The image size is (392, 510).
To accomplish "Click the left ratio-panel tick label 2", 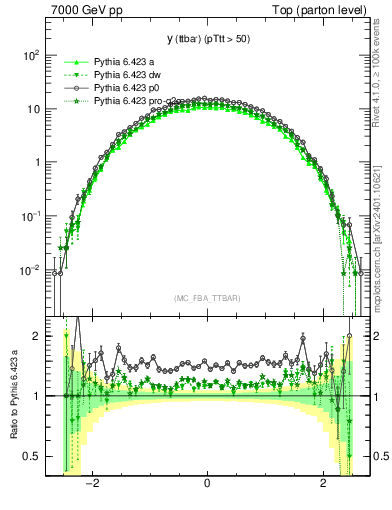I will pyautogui.click(x=36, y=337).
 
